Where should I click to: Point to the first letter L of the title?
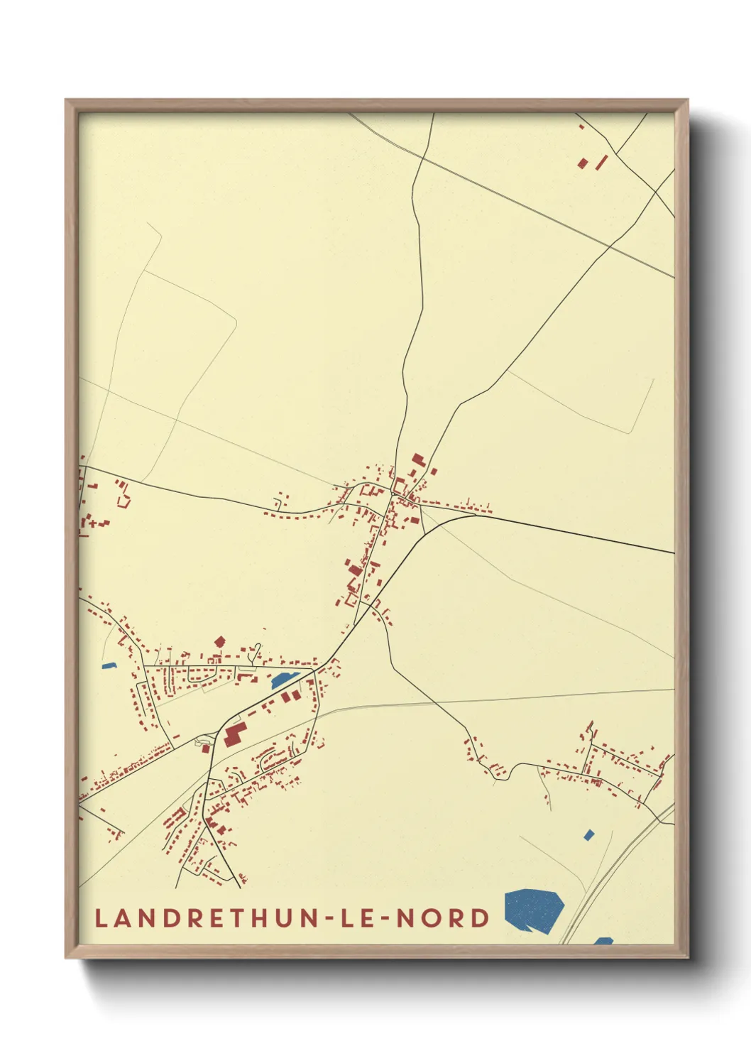(101, 917)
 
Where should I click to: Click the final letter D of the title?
(481, 917)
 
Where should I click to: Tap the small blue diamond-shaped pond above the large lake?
(588, 834)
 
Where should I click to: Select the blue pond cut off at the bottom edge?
(603, 940)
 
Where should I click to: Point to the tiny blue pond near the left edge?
(109, 665)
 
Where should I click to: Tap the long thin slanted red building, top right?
(602, 162)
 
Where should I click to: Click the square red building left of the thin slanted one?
(583, 163)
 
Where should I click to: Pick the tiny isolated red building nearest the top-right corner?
(581, 126)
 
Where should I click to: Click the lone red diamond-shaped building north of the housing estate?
(219, 641)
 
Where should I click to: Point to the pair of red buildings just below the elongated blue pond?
(287, 697)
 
